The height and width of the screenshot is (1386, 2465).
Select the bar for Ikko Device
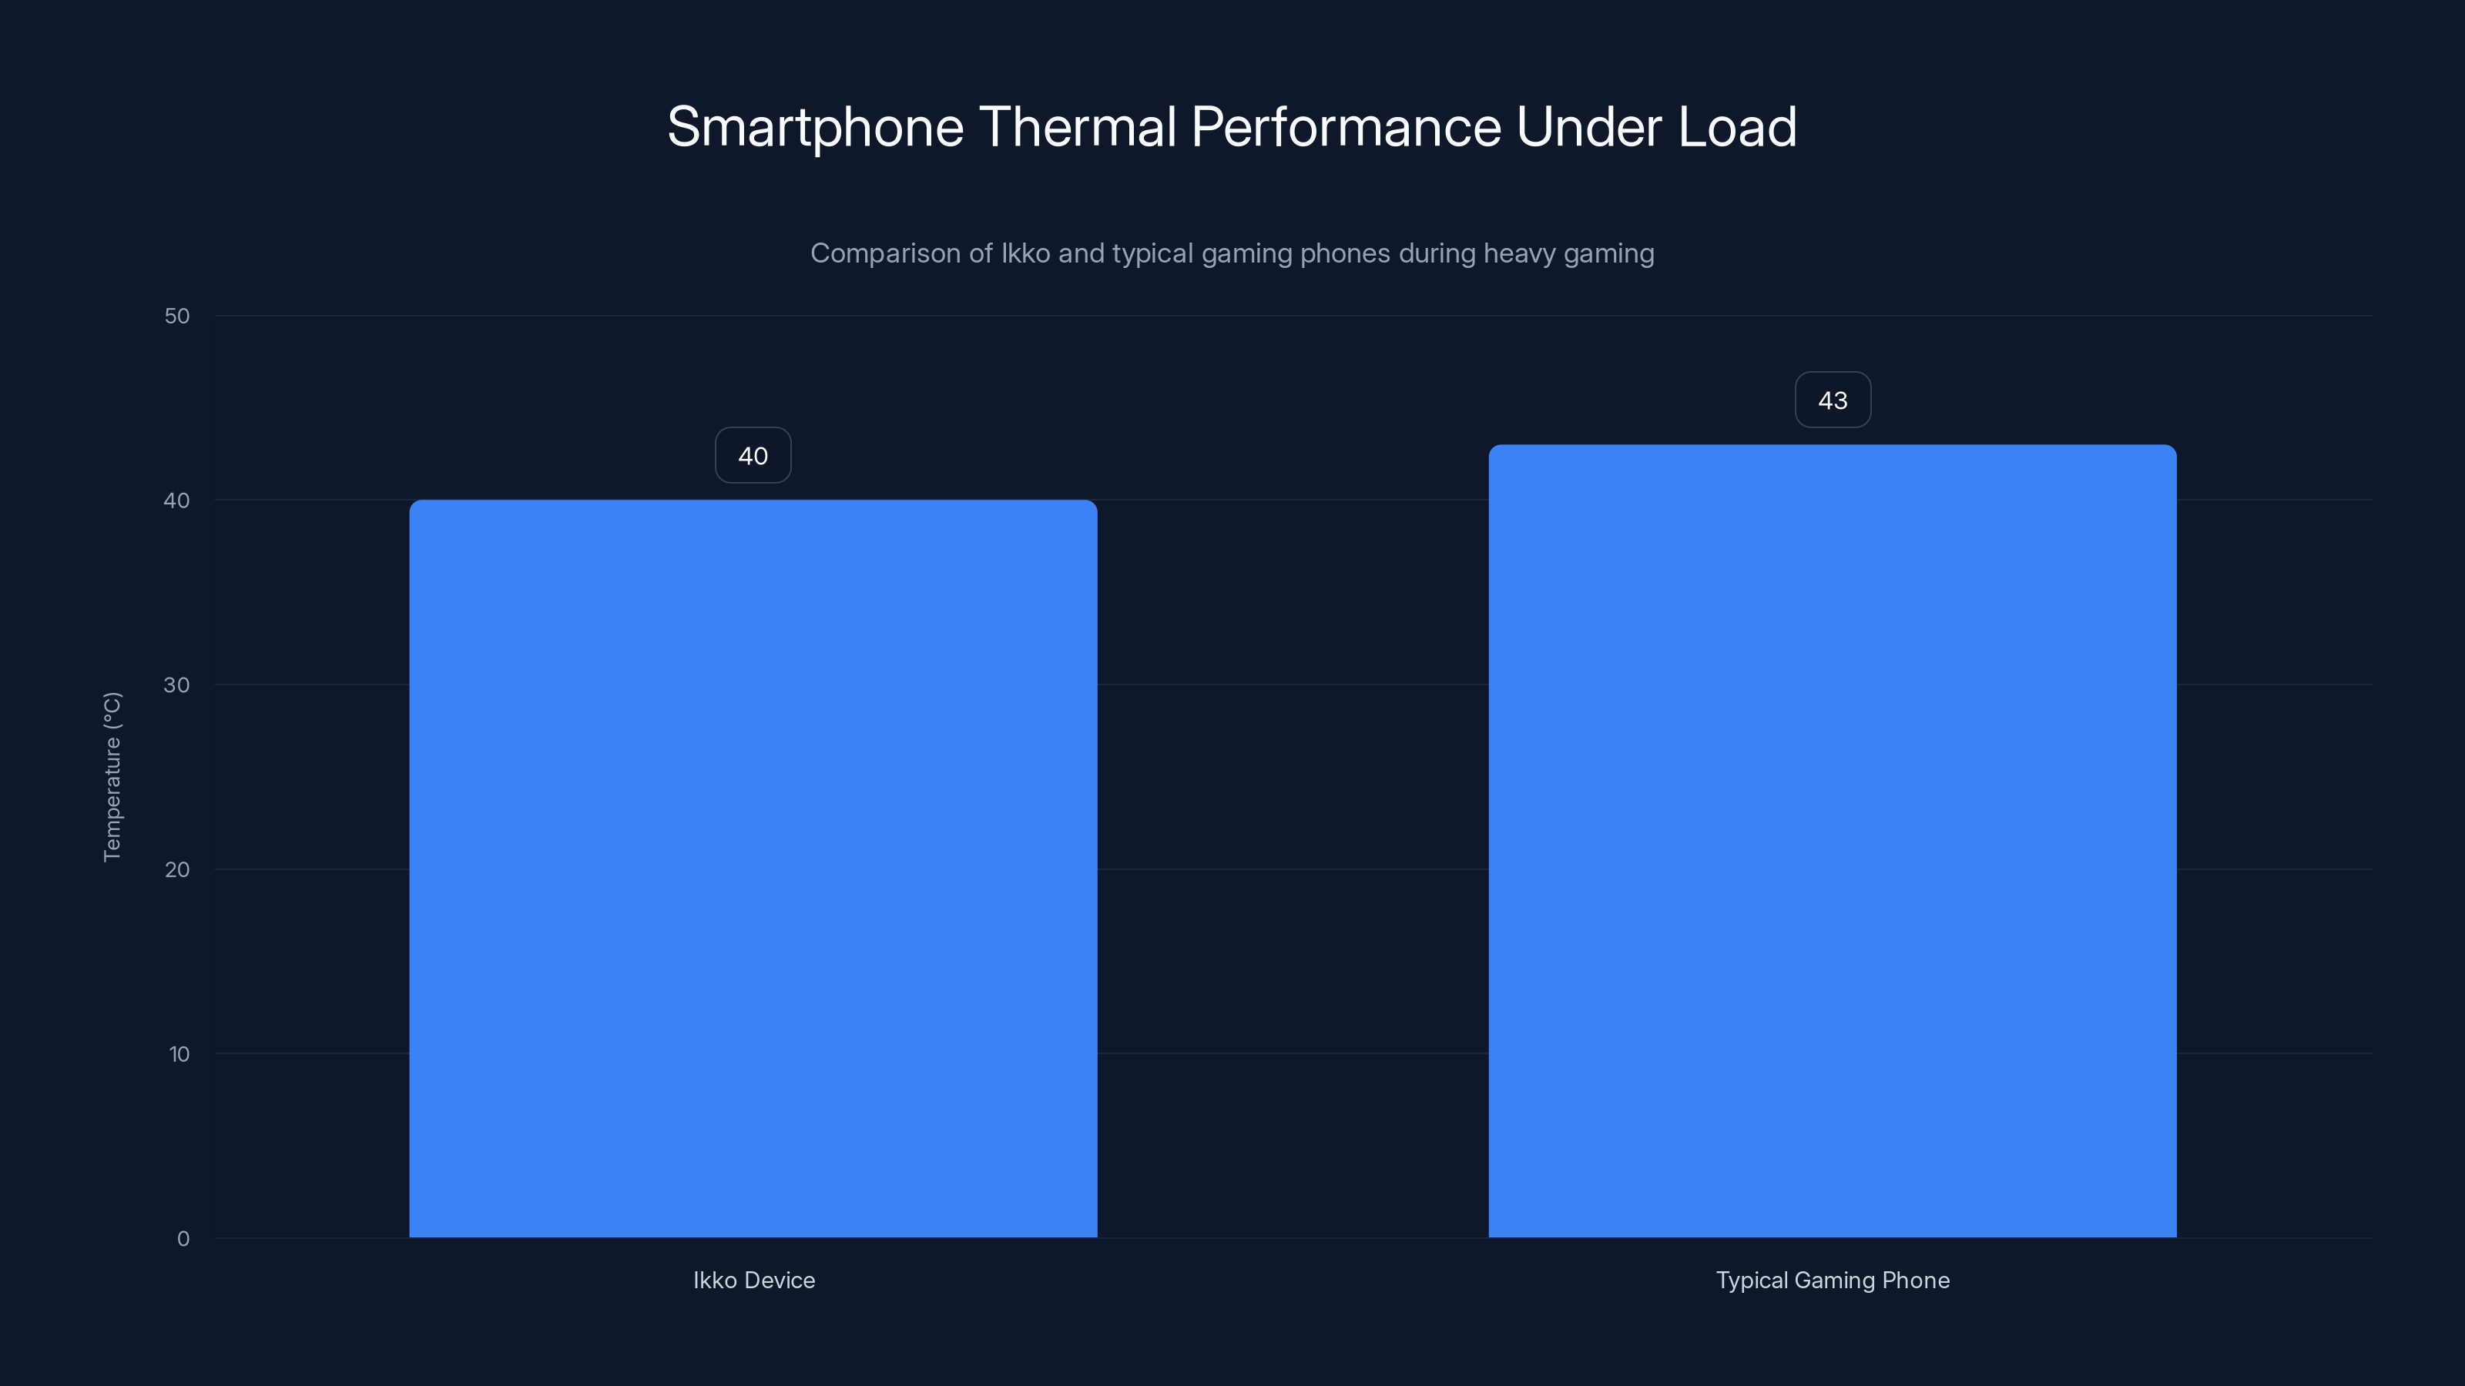753,869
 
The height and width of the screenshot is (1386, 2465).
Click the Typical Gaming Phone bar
1832,841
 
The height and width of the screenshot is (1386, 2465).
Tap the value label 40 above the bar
753,455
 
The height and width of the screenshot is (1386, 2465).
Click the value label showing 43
1832,400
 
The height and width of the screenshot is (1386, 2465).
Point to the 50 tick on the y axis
177,316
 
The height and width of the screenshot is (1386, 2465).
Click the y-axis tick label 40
177,500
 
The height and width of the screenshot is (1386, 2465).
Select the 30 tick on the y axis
177,685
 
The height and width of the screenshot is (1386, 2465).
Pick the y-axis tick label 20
177,869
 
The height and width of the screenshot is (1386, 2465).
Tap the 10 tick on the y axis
179,1054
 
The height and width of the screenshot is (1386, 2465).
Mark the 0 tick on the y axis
183,1239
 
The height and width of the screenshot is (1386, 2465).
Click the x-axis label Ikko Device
754,1280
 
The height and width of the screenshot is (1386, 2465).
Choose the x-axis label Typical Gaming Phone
1833,1280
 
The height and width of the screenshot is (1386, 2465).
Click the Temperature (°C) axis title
112,777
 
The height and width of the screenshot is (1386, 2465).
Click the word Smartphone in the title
815,127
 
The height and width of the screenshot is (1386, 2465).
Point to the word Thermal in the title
1078,127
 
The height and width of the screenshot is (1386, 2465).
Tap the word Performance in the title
1347,127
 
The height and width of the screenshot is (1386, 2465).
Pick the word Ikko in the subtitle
1025,253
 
